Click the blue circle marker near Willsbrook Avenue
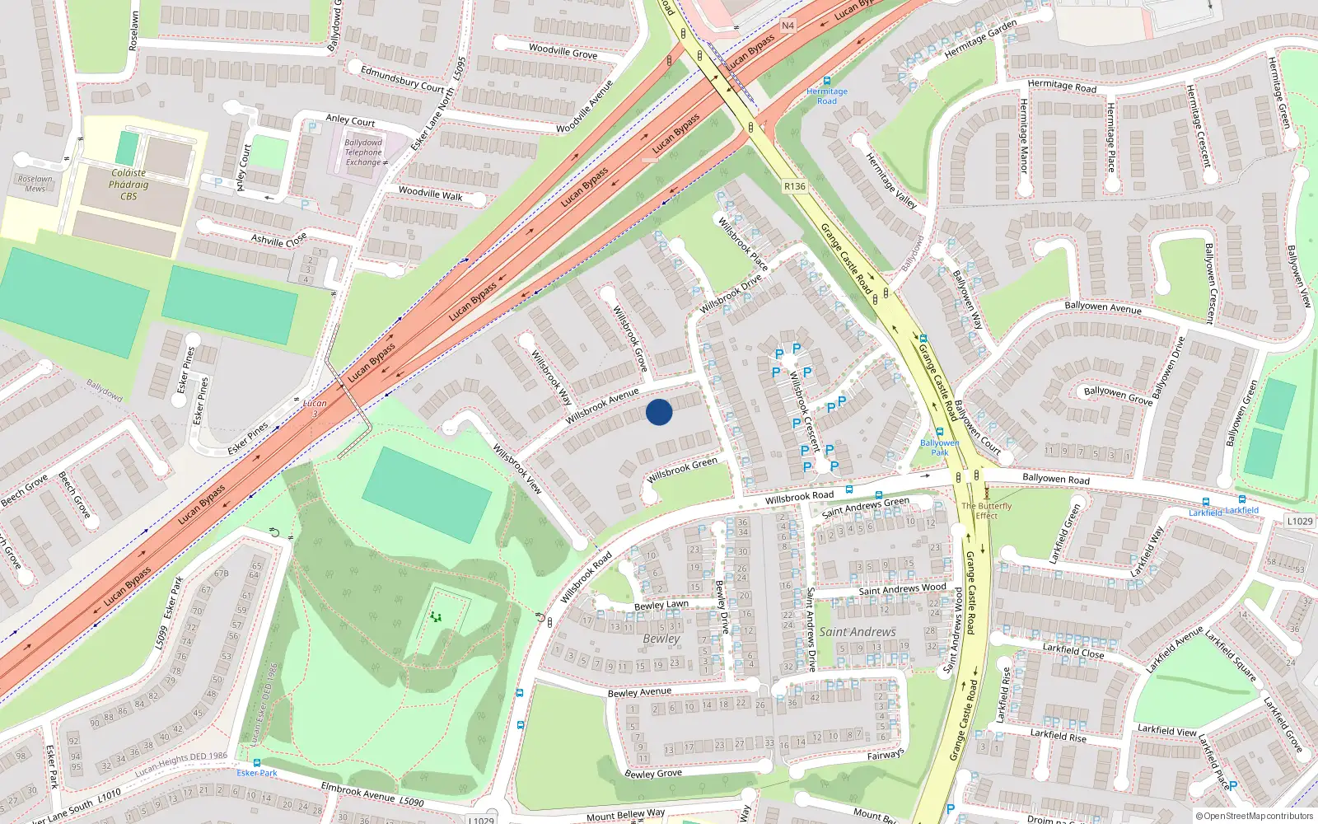click(x=659, y=412)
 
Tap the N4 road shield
click(x=788, y=26)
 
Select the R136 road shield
click(x=794, y=186)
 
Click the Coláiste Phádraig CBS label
click(x=129, y=185)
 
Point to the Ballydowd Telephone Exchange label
click(x=363, y=152)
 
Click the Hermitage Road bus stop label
click(x=826, y=96)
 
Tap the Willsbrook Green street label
click(x=682, y=471)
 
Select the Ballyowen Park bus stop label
click(x=939, y=447)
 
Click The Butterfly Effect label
click(x=986, y=511)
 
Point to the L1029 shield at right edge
click(x=1299, y=521)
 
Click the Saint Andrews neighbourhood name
click(x=857, y=632)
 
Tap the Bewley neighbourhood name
click(x=661, y=639)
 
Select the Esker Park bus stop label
click(x=257, y=773)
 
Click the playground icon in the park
click(x=435, y=616)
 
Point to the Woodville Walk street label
click(x=430, y=194)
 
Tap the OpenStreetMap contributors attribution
click(x=1254, y=816)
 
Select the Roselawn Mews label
click(x=35, y=184)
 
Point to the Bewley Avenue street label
click(x=639, y=692)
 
